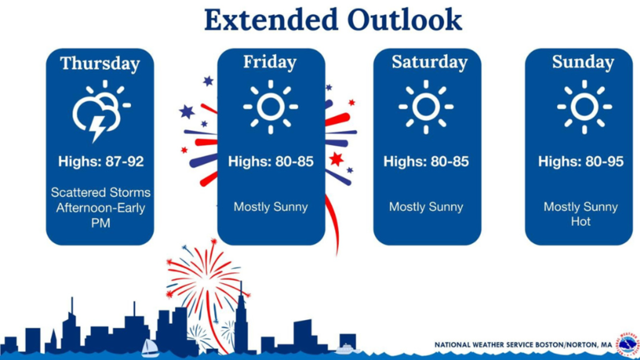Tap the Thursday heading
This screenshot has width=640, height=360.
pos(100,63)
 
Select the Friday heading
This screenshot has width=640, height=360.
pos(270,62)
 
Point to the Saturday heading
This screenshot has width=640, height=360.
pos(429,62)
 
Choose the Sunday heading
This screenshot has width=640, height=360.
pos(583,62)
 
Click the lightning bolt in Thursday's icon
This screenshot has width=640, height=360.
pos(97,129)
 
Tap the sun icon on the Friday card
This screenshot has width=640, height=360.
pos(270,107)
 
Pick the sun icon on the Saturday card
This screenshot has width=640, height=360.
pos(426,107)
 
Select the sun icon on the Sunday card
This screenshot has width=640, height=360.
pos(585,107)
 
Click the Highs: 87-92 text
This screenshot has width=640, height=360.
pos(101,162)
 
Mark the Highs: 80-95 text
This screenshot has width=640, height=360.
pos(581,162)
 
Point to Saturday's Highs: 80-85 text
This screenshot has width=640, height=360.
pos(426,162)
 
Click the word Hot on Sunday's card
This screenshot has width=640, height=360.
pos(581,222)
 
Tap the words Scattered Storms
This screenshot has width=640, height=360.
pos(101,193)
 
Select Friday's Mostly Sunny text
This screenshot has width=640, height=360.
pos(270,207)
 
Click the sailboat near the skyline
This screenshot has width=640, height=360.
pos(150,348)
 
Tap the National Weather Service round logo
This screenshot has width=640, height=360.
pos(628,345)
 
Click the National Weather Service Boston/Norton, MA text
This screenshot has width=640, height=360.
pos(523,345)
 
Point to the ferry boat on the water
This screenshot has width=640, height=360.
pos(347,349)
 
